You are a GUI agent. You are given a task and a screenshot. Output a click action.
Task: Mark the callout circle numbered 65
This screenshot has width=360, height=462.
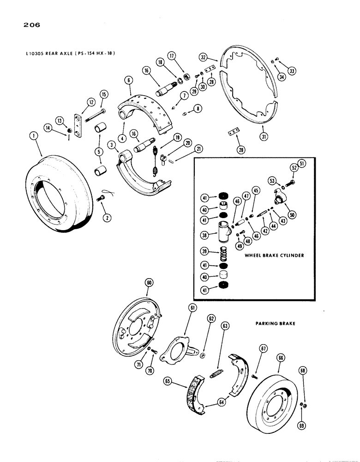tap(167, 382)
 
